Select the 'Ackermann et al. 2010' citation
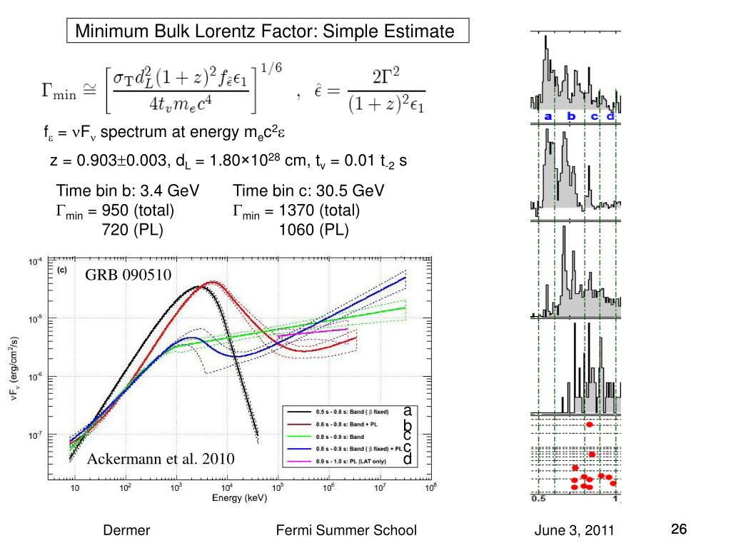(161, 458)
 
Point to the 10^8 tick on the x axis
(429, 488)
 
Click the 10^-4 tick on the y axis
(35, 262)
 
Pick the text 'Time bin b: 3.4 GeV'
(128, 191)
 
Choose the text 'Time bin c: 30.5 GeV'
(308, 191)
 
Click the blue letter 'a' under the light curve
(548, 116)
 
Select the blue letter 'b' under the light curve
(570, 116)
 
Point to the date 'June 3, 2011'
(574, 530)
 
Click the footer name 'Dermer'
(127, 530)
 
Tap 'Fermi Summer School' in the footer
(346, 530)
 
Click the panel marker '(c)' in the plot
(62, 270)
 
